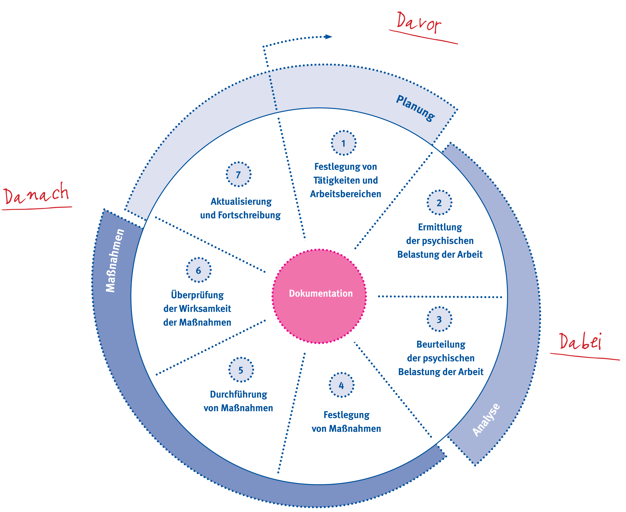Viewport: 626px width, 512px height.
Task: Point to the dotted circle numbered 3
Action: (x=439, y=319)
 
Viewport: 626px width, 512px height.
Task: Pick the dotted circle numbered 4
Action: (x=341, y=385)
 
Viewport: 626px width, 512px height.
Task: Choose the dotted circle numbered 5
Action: (x=241, y=370)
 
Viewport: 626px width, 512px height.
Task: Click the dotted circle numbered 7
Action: (x=238, y=174)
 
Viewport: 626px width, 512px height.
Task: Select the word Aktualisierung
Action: (x=241, y=202)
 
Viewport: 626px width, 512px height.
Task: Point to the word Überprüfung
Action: (x=197, y=295)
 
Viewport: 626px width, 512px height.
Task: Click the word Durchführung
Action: (x=238, y=394)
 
